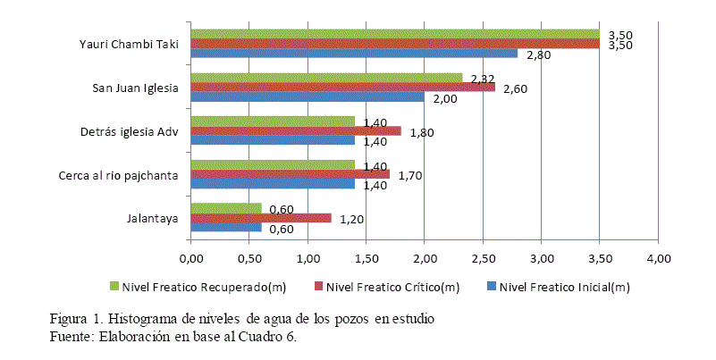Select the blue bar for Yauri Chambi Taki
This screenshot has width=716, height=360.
354,54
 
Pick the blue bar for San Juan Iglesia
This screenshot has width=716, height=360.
307,96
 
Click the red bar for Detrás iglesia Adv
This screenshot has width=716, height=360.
296,130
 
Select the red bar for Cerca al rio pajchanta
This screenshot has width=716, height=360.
290,174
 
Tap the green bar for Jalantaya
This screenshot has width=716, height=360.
226,208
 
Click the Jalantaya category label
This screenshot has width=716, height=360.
154,218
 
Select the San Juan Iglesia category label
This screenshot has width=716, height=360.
136,87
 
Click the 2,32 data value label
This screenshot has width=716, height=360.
483,79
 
